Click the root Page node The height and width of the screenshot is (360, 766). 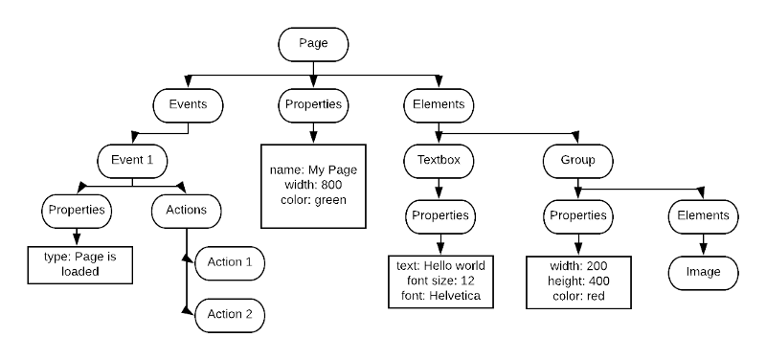coord(313,44)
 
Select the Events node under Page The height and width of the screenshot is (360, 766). coord(188,105)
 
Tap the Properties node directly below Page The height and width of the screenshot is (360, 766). coord(313,105)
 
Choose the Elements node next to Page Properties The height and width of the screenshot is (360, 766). coord(438,105)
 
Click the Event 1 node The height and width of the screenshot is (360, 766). coord(132,161)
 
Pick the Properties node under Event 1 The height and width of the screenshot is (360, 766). coord(77,210)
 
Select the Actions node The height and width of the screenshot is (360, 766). coord(187,210)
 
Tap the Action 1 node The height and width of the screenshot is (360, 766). coord(230,262)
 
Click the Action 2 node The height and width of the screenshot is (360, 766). coord(230,314)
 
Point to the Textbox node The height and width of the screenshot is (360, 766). coord(439,161)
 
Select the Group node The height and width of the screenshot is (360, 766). coord(577,161)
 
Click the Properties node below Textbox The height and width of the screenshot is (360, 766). coord(439,216)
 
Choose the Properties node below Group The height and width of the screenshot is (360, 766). coord(577,216)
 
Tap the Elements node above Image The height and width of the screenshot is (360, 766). coord(703,216)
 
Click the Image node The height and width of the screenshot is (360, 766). coord(703,272)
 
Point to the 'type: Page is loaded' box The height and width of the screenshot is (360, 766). coord(79,264)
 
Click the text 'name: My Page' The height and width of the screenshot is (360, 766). coord(313,169)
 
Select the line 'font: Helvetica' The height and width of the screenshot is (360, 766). coord(440,297)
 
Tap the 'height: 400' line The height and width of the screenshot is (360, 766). coord(577,281)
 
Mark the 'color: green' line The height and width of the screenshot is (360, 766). coord(313,200)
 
